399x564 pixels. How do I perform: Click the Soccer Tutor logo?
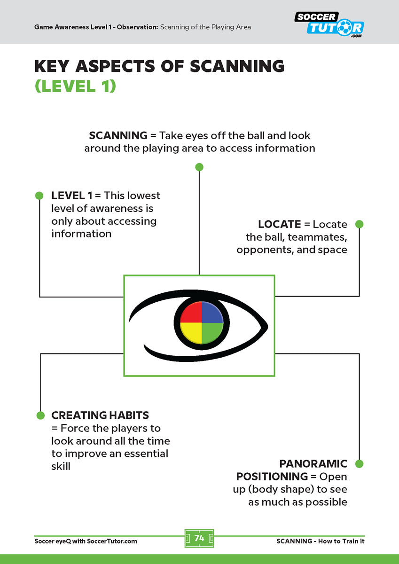click(329, 23)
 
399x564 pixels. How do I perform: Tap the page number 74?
click(199, 538)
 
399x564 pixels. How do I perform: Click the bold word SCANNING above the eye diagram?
click(118, 135)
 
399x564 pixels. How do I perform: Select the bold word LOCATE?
click(279, 224)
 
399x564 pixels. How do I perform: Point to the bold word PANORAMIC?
click(313, 464)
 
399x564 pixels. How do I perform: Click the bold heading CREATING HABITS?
click(100, 415)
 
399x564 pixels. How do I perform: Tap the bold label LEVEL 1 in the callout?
click(72, 196)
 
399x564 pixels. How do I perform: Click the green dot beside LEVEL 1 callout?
click(39, 196)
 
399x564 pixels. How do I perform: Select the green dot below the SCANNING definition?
click(199, 167)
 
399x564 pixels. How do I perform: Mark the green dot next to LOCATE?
click(359, 224)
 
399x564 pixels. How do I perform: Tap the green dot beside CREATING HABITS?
click(40, 415)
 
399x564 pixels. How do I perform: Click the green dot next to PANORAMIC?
click(359, 464)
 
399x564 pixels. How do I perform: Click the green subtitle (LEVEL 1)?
click(75, 86)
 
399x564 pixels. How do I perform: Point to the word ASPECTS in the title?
click(130, 66)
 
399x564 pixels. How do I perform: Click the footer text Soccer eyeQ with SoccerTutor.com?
click(86, 541)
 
